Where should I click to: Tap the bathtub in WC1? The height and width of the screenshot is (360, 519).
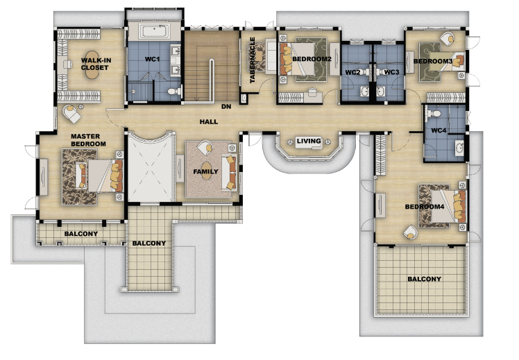155,32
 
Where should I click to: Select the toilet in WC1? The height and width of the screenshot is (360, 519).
173,91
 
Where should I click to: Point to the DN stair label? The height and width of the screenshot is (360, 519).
226,107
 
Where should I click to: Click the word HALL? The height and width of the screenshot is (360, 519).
209,122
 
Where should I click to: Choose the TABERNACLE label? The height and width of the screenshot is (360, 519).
253,60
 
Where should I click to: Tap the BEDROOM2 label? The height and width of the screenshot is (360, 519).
312,59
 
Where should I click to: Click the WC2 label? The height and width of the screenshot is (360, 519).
352,72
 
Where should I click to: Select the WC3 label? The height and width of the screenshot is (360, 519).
392,72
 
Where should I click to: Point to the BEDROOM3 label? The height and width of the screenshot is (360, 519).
432,61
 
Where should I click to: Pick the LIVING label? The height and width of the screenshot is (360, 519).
309,141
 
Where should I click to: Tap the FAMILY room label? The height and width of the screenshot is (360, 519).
205,171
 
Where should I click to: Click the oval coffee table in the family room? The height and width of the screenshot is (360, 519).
207,171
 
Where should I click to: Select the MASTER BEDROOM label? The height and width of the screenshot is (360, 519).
88,140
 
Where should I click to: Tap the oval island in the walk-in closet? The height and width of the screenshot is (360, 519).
92,65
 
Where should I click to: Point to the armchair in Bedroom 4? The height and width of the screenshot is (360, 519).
411,232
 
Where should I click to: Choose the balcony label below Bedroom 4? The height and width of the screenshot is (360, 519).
424,279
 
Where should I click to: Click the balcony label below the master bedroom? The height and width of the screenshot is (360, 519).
81,234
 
